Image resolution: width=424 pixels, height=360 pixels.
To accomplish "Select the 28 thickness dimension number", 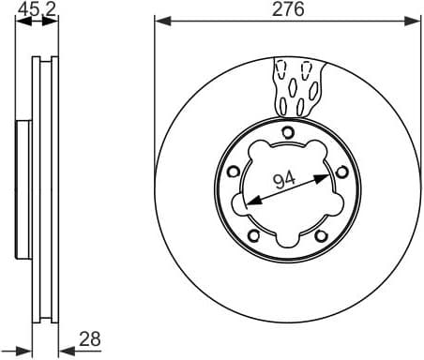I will (x=89, y=338).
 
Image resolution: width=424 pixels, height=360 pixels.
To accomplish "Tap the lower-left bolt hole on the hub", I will (x=253, y=234).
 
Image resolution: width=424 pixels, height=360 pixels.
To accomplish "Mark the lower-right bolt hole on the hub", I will (x=320, y=234).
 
